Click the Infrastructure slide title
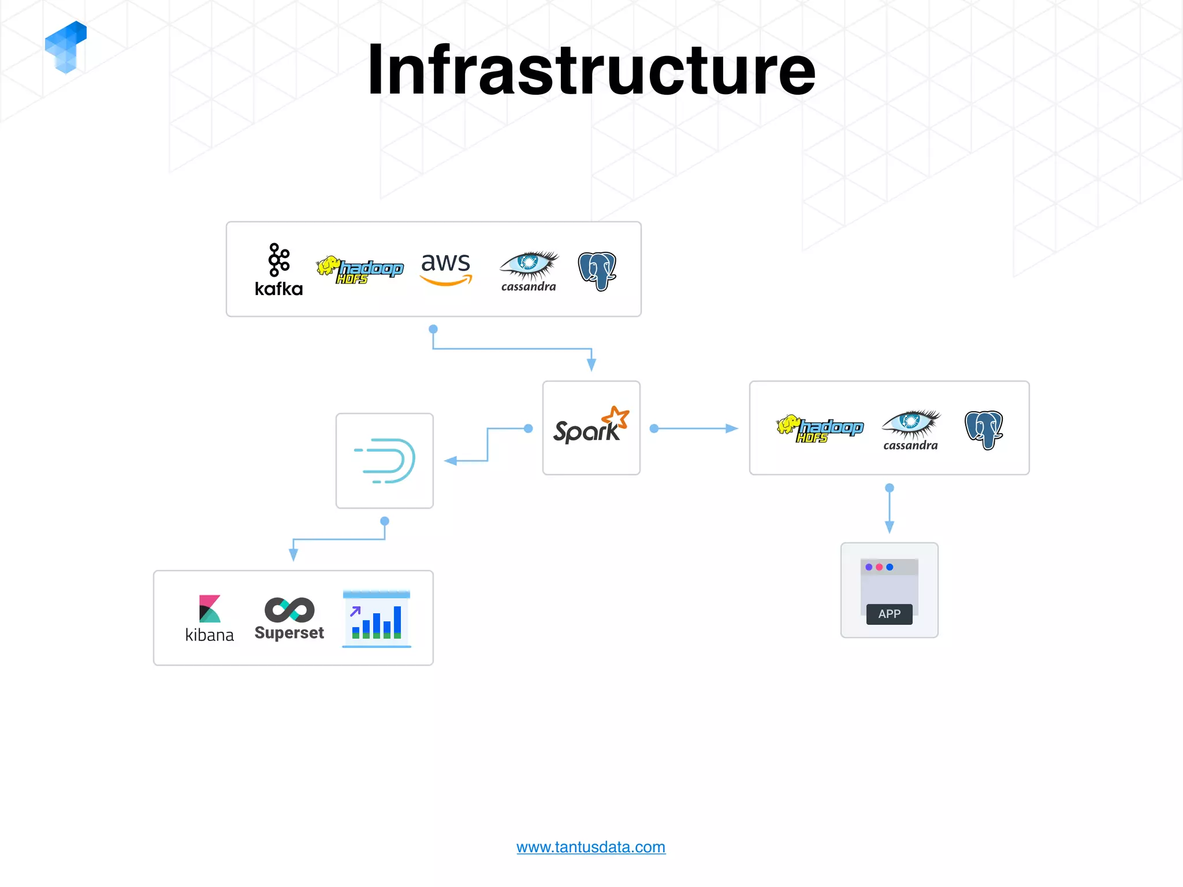pos(591,70)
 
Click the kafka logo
pos(278,270)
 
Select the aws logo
pos(445,268)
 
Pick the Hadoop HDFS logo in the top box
pos(360,270)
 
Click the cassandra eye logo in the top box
pos(529,270)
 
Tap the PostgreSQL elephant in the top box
pos(597,270)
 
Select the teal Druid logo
pos(385,460)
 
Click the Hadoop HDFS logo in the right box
pos(820,428)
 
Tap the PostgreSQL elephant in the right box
pos(984,429)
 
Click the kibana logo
pos(209,618)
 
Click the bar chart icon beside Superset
pos(377,618)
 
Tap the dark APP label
pos(889,614)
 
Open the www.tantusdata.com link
pos(590,847)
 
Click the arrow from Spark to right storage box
pos(696,428)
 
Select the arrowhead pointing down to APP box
pos(890,527)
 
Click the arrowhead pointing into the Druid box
pos(451,461)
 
